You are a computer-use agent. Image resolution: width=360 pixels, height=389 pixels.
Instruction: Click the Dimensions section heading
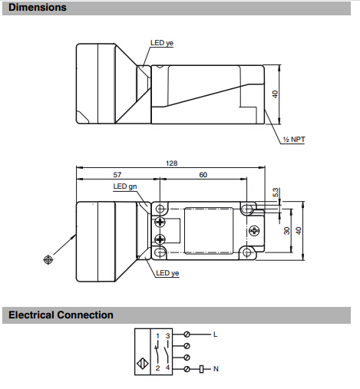coord(38,8)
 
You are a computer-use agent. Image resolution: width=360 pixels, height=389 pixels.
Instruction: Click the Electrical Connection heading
coord(61,315)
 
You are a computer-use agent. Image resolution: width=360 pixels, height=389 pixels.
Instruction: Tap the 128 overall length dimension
coord(171,163)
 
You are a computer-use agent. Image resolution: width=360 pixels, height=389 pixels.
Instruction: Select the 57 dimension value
coord(117,175)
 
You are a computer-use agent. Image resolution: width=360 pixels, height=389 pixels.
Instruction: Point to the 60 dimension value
coord(203,175)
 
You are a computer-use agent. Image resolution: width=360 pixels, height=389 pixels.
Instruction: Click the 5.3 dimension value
coord(276,193)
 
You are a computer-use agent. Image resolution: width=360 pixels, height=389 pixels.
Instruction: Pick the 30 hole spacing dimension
coord(287,231)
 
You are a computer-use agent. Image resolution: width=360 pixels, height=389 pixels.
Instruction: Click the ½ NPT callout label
coord(294,140)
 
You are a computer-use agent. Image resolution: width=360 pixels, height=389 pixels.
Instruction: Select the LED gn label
coord(125,186)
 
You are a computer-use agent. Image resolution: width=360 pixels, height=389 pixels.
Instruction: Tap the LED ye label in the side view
coord(162,43)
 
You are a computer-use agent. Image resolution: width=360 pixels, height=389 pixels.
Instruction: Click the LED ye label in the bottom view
coord(167,273)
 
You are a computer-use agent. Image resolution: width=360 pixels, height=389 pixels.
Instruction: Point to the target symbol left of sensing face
coord(48,260)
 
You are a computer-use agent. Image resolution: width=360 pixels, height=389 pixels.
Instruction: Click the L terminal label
coord(216,335)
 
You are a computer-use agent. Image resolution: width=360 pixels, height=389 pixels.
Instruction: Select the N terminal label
coord(216,369)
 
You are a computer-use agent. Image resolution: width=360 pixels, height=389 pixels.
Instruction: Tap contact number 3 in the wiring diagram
coord(167,336)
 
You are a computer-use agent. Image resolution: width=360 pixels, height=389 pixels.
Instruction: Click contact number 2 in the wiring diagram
coord(157,368)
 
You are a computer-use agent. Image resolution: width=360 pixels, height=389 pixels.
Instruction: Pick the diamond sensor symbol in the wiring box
coord(143,364)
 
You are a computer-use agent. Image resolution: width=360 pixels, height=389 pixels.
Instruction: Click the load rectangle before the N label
coord(202,369)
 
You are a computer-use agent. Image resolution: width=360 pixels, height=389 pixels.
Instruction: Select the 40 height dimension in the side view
coord(275,94)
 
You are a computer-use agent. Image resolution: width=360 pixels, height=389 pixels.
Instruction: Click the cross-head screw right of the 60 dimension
coord(254,231)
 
